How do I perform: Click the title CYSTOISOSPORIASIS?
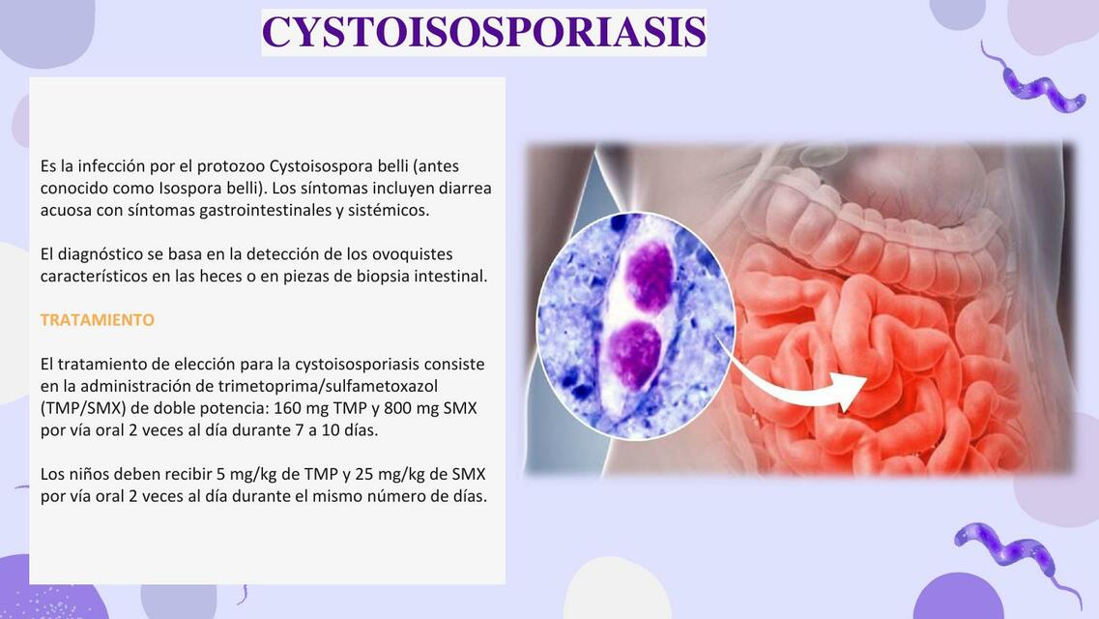pyautogui.click(x=484, y=32)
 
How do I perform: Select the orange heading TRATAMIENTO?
pyautogui.click(x=97, y=319)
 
